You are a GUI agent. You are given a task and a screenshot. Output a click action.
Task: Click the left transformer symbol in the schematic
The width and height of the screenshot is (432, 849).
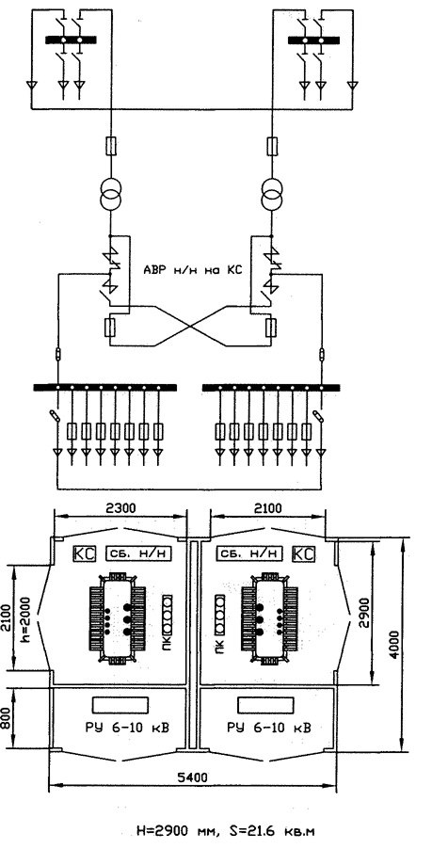[110, 194]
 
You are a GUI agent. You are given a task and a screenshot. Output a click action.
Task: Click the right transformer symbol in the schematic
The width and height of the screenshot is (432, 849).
[272, 194]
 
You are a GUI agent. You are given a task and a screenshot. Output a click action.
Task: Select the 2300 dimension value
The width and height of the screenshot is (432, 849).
[120, 508]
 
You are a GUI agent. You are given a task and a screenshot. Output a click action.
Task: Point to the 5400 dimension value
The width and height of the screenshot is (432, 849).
[192, 777]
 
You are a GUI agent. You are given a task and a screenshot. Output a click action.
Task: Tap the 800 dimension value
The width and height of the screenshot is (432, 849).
[7, 714]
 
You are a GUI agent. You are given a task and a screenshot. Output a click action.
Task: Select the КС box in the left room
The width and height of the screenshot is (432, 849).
[85, 553]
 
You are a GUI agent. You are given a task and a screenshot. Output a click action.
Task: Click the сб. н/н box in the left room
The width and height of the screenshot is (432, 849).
[138, 553]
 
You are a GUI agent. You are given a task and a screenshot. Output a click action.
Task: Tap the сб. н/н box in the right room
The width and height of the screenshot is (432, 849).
[250, 553]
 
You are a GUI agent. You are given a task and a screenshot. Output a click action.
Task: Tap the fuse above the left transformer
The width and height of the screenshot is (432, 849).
[110, 146]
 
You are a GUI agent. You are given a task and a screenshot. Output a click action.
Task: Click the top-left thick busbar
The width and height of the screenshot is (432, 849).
[71, 40]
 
